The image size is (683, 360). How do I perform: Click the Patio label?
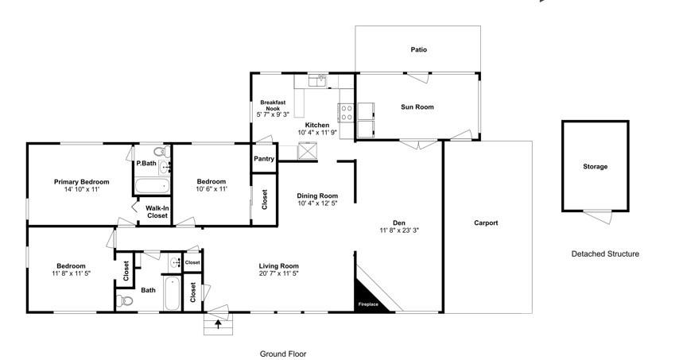click(418, 49)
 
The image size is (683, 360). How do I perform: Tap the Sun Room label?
click(417, 106)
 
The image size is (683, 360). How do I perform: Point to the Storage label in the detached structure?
click(595, 167)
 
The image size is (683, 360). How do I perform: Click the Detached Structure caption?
click(605, 254)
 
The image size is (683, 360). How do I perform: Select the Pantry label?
click(264, 159)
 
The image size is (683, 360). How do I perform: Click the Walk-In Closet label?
click(157, 212)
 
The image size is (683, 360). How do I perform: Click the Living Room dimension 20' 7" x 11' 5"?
click(278, 274)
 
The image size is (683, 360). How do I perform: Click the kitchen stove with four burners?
click(347, 111)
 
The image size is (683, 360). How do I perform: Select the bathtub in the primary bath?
click(151, 186)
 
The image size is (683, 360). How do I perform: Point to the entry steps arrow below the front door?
click(218, 323)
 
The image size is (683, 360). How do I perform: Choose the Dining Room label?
click(317, 195)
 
